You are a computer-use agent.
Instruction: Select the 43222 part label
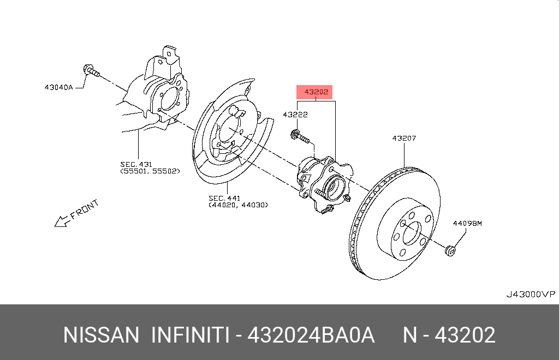pos(295,115)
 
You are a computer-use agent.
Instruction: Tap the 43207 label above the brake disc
pos(404,139)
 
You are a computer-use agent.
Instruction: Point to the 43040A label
pos(58,86)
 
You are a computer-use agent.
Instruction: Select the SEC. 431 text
pos(136,164)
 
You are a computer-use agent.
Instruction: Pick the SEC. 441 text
pos(224,197)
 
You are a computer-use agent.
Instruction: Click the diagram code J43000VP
pos(530,295)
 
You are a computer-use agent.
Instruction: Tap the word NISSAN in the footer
pos(102,335)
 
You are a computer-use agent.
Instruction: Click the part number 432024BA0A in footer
pos(311,335)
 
